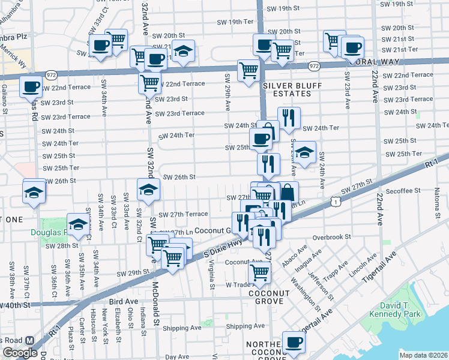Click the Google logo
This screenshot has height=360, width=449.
pos(20,353)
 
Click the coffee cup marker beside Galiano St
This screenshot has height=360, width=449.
pos(31,86)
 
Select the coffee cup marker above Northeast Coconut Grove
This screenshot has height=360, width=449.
pos(294,342)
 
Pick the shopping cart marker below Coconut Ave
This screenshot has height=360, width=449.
pos(259,272)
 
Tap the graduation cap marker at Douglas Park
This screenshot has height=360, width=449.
pos(78,224)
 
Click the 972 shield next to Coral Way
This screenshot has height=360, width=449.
pos(313,65)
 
